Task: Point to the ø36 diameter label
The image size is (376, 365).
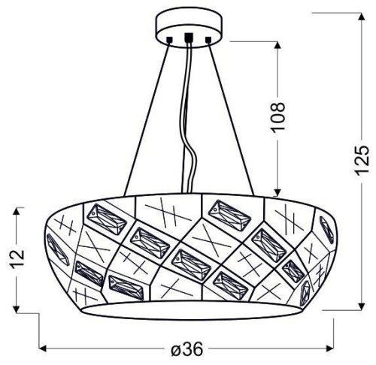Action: [187, 351]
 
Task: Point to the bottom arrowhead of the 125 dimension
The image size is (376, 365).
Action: [356, 306]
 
